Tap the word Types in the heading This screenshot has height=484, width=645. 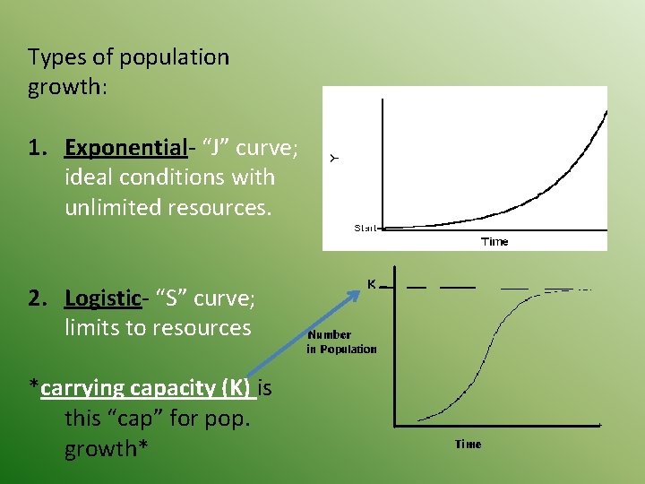click(x=56, y=57)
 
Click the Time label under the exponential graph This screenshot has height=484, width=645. click(x=494, y=241)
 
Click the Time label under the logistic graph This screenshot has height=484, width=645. click(x=468, y=445)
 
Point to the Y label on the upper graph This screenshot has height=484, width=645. click(x=334, y=159)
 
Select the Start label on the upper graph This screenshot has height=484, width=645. click(x=365, y=229)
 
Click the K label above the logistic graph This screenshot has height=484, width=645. click(x=371, y=284)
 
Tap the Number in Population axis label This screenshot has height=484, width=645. click(x=341, y=341)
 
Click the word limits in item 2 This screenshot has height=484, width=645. click(x=92, y=328)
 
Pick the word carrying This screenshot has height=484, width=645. click(x=82, y=388)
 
